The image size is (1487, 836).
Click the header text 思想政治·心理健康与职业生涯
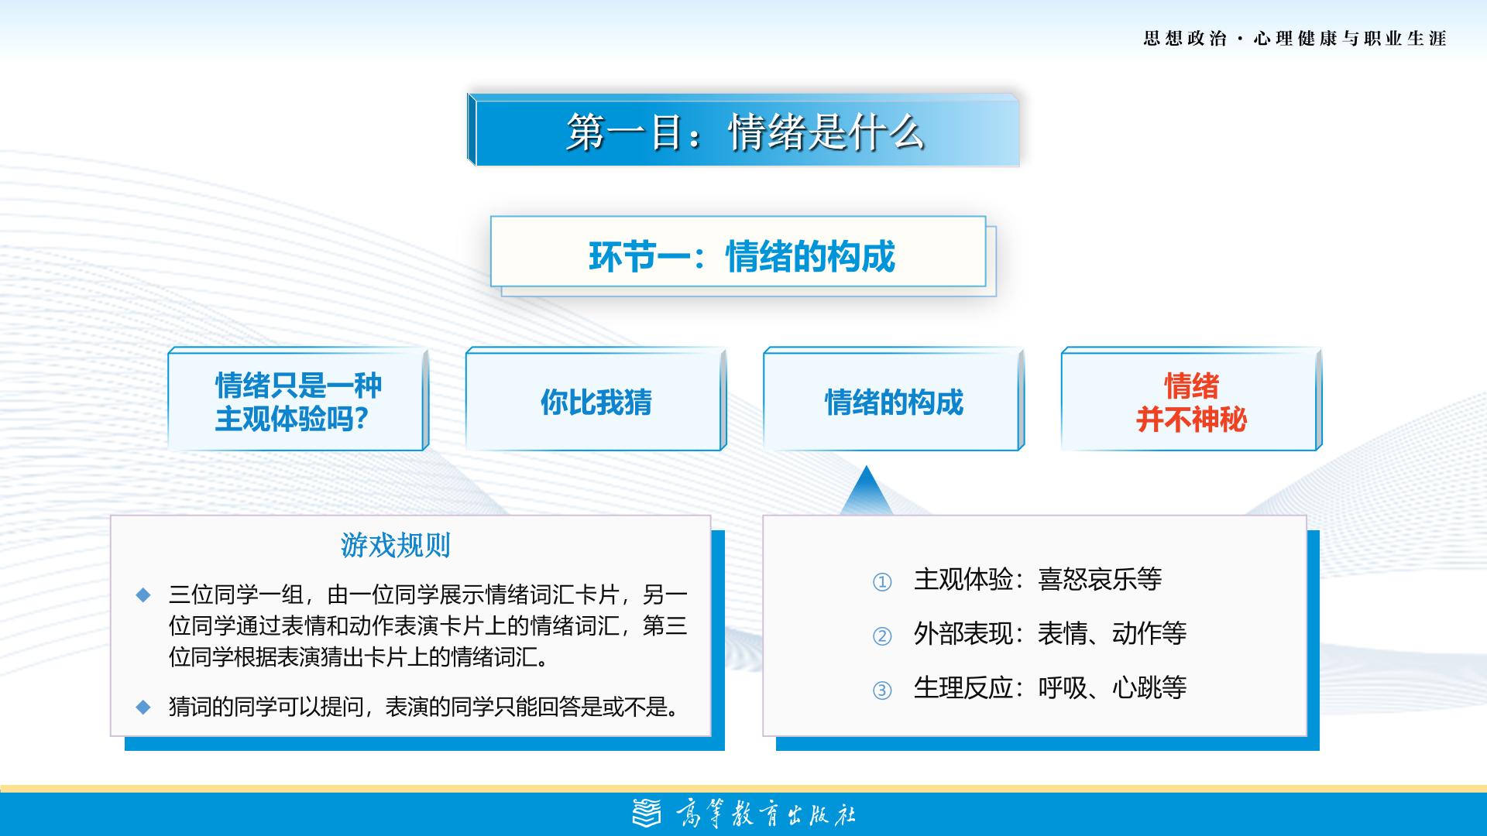click(1295, 39)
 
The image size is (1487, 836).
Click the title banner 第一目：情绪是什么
click(743, 130)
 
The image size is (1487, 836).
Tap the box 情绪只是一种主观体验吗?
click(298, 399)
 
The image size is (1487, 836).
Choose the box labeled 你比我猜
click(596, 399)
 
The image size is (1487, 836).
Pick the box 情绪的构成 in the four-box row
click(894, 399)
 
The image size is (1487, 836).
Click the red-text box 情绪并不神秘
click(1191, 399)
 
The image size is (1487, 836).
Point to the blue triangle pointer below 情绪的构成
click(867, 491)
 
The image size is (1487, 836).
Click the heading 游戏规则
click(396, 546)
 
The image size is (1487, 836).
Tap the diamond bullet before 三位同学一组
click(143, 594)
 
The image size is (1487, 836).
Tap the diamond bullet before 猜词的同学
click(143, 707)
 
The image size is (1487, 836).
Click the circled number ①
click(882, 582)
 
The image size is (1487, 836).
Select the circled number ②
click(882, 636)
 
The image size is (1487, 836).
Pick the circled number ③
click(882, 690)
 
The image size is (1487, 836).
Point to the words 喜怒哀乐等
click(1100, 579)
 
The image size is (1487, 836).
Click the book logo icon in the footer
click(647, 813)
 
